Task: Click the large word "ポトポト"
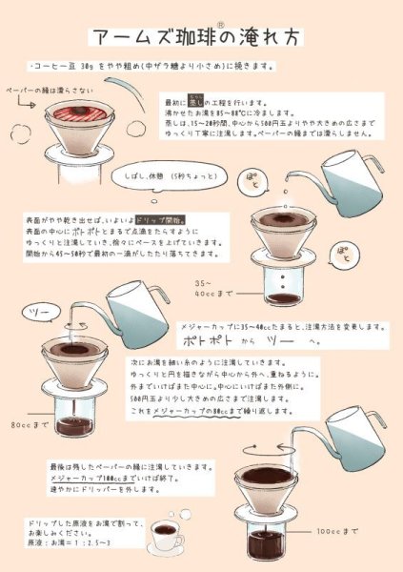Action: point(214,340)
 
